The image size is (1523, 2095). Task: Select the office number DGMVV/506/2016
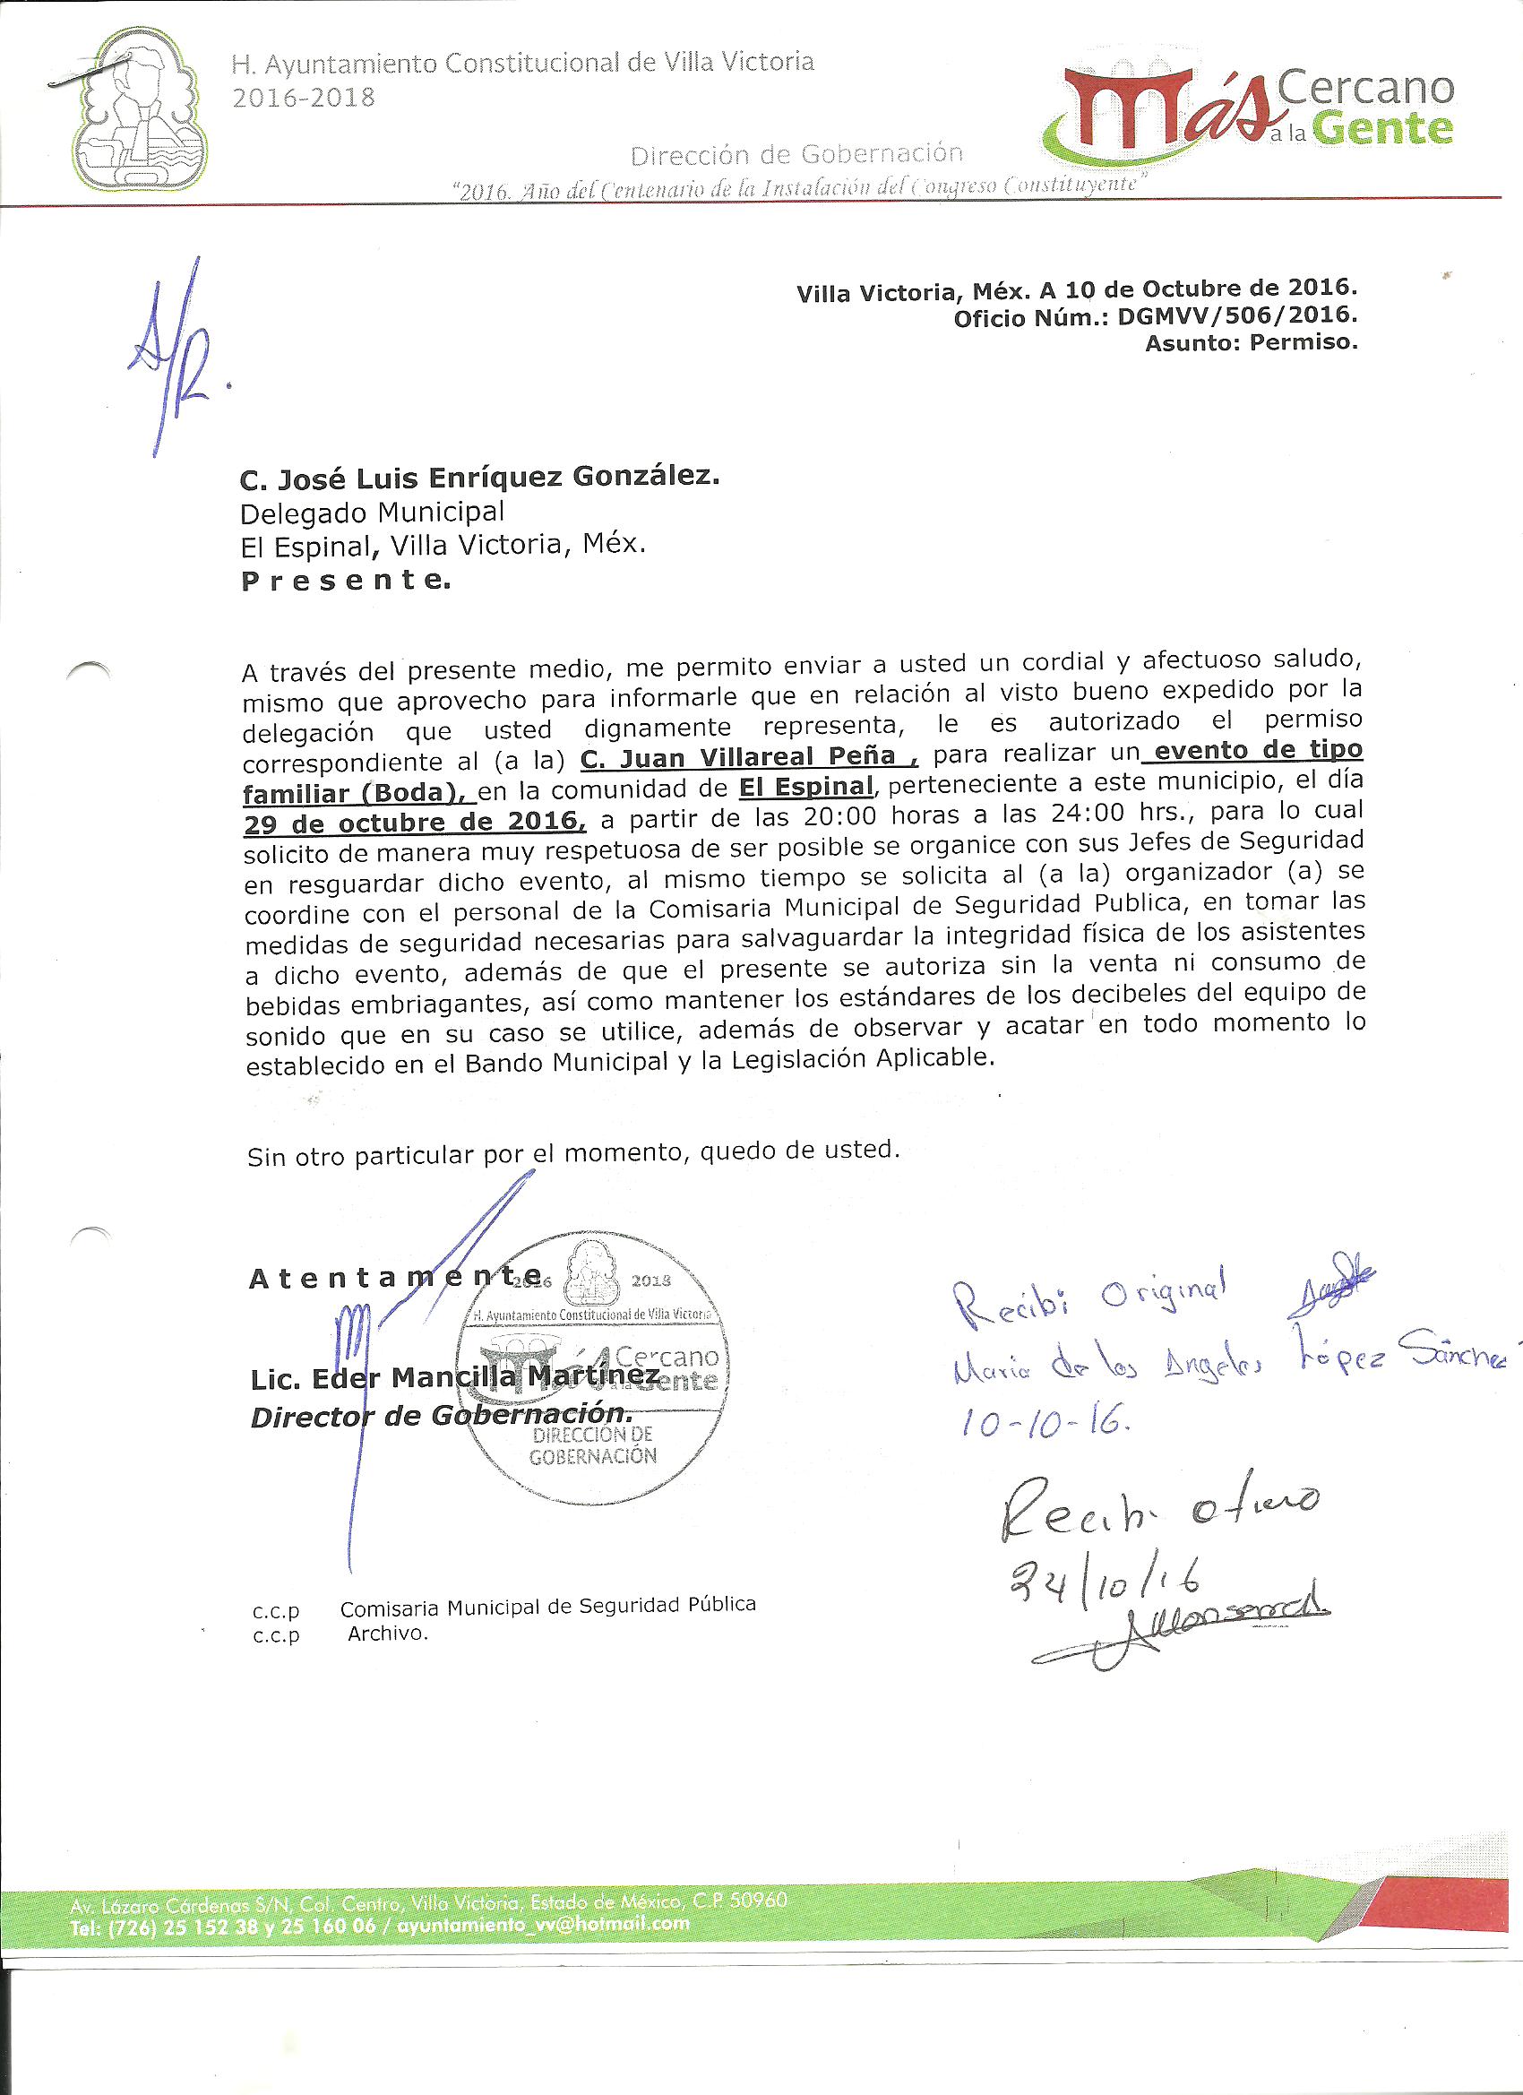point(1236,317)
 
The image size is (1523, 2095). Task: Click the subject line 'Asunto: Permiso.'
point(1252,343)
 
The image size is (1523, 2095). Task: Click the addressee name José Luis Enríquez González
point(479,478)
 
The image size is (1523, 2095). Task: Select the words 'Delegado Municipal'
point(372,512)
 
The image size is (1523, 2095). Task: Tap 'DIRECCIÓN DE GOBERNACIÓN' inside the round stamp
point(592,1445)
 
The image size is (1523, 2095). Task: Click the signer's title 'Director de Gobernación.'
point(442,1415)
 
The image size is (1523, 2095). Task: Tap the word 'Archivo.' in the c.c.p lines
point(389,1634)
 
